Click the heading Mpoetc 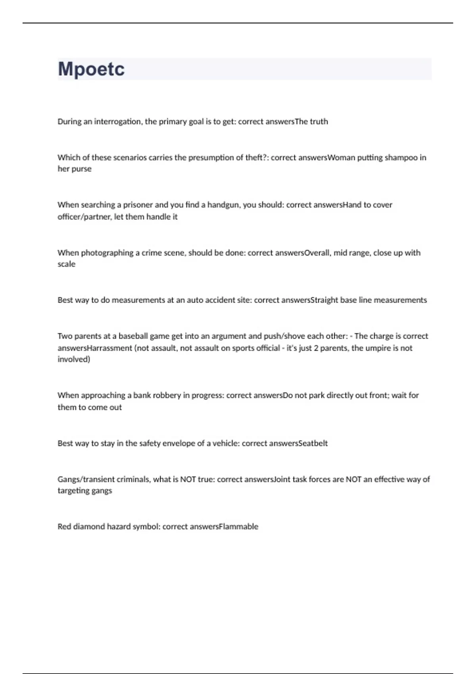click(91, 69)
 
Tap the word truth click(319, 122)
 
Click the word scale click(66, 264)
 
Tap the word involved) click(74, 360)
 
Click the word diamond click(89, 527)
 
